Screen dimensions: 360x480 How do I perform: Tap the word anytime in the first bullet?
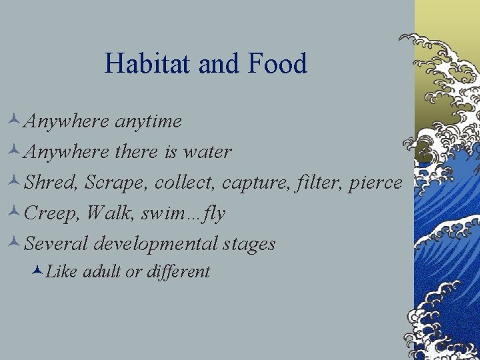(147, 122)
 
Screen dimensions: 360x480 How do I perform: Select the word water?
(207, 153)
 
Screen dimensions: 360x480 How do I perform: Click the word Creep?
(49, 214)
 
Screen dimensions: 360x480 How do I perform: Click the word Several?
(57, 244)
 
